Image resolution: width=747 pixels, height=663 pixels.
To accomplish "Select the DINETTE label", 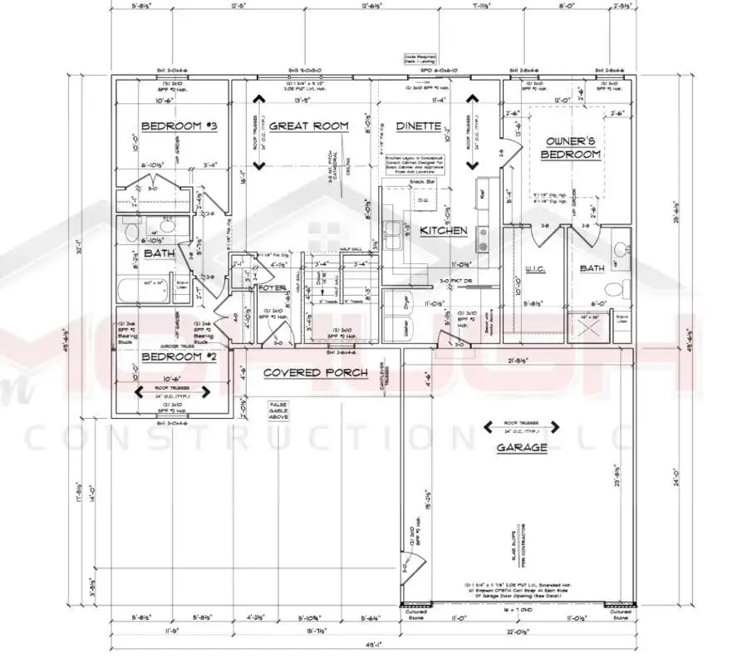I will pyautogui.click(x=417, y=126).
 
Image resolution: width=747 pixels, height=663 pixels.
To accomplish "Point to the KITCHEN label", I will pyautogui.click(x=443, y=230).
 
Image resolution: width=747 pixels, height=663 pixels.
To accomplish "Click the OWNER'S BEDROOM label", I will pyautogui.click(x=570, y=148).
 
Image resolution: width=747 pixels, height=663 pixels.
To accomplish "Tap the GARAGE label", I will pyautogui.click(x=522, y=447).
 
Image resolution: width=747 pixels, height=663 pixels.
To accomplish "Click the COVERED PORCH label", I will pyautogui.click(x=304, y=372).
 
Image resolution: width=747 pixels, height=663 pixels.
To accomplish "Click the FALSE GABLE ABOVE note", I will pyautogui.click(x=277, y=411).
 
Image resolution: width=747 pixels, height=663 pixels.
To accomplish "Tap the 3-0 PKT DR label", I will pyautogui.click(x=455, y=280).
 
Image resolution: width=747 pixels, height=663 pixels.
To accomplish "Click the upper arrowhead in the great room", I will pyautogui.click(x=258, y=102).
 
